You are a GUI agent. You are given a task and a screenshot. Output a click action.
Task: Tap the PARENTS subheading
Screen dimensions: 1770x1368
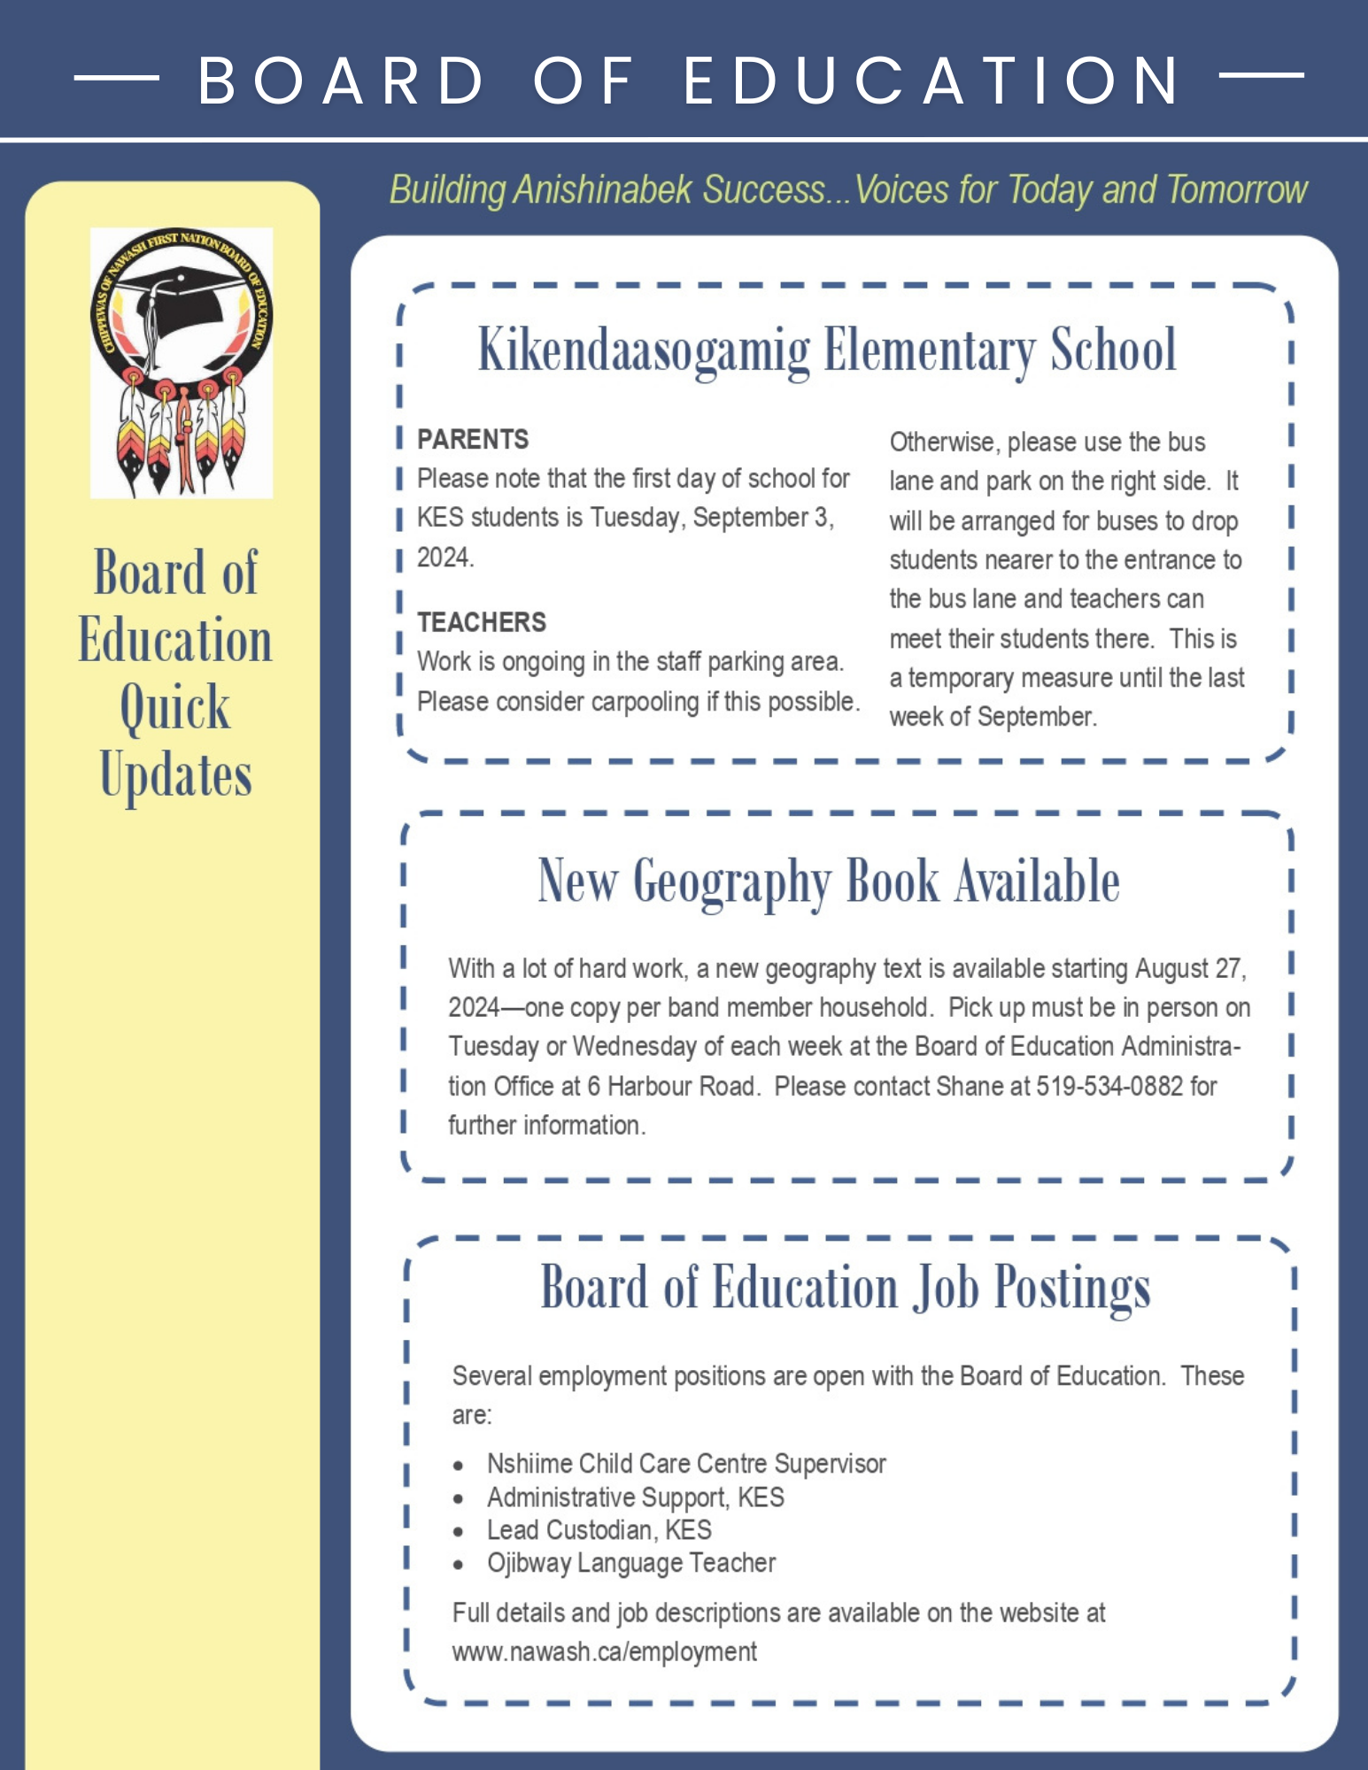coord(473,440)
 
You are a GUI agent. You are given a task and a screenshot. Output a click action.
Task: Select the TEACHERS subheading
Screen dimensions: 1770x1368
coord(482,623)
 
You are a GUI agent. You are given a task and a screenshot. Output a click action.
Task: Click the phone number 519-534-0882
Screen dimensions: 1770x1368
coord(1109,1087)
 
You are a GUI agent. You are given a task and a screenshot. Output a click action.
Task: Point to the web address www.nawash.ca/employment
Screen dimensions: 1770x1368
coord(604,1652)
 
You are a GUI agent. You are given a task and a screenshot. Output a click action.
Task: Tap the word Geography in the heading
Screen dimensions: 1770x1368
coord(731,882)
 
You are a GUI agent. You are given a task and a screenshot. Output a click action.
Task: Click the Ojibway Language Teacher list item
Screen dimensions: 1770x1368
coord(630,1564)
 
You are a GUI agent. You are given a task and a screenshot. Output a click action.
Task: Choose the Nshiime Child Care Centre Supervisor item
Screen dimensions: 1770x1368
coord(685,1465)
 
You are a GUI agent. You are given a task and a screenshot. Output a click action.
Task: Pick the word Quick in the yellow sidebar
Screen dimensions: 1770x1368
coord(175,708)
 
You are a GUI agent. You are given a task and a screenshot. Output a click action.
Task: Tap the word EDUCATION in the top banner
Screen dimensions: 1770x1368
coord(931,81)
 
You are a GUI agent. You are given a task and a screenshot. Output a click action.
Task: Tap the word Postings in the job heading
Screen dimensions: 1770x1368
coord(1071,1289)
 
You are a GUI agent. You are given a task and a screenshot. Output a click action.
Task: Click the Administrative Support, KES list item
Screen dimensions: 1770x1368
coord(635,1498)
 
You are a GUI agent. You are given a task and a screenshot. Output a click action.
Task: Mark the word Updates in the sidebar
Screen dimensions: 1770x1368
coord(175,776)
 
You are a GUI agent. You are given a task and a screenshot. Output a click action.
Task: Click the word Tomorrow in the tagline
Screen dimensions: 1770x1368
coord(1236,190)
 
